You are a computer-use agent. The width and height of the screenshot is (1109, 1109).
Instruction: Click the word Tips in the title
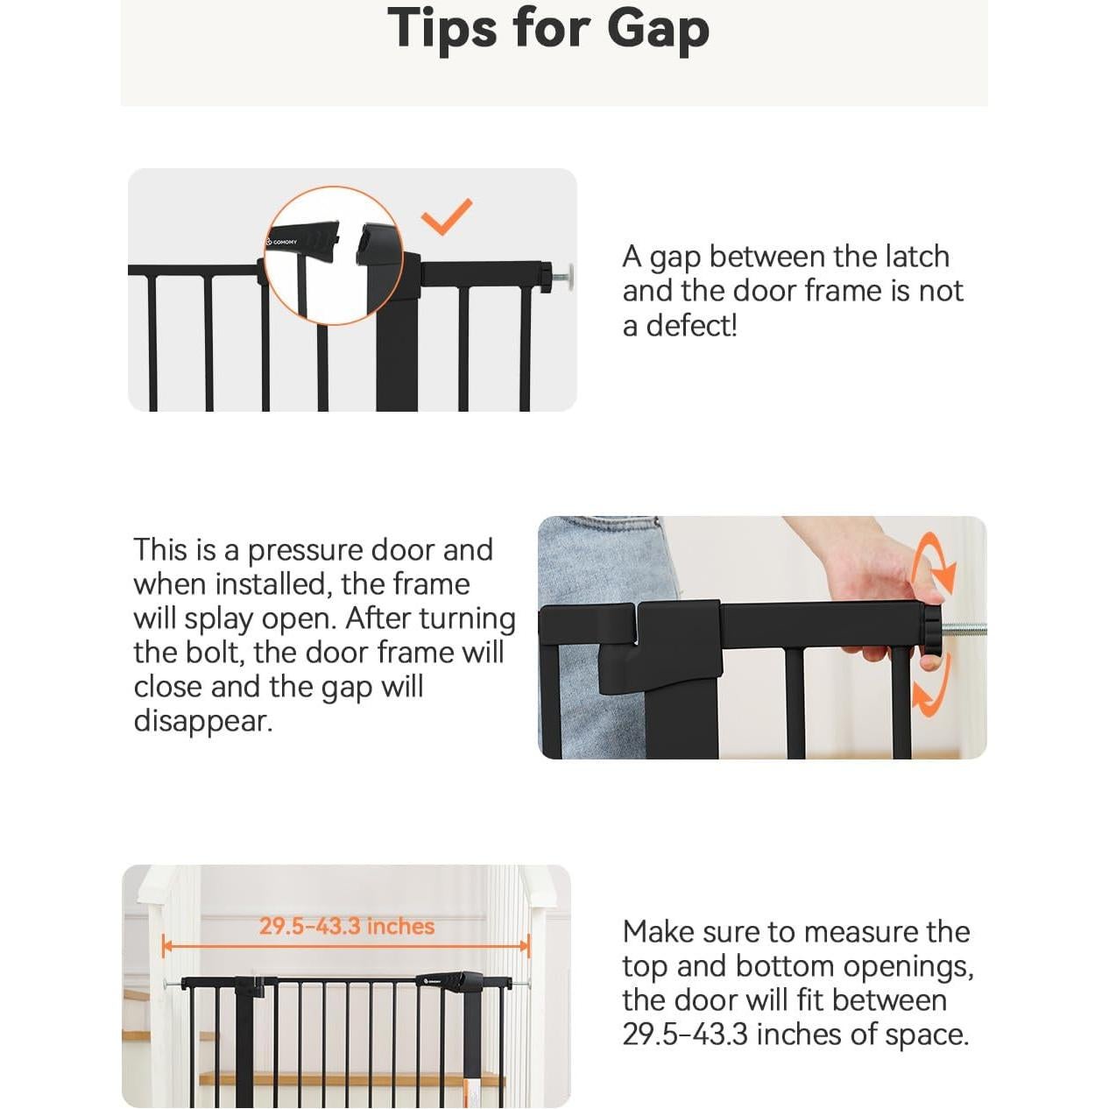(441, 28)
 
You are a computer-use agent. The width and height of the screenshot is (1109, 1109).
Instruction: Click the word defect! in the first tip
(691, 327)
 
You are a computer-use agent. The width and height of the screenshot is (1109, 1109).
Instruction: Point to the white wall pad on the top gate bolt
(569, 278)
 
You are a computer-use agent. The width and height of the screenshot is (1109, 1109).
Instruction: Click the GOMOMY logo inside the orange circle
(282, 242)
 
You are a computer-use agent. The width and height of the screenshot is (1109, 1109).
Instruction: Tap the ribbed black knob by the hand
(932, 636)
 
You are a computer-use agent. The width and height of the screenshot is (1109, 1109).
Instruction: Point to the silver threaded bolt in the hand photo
(964, 630)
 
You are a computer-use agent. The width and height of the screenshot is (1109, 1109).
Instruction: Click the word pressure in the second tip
(307, 551)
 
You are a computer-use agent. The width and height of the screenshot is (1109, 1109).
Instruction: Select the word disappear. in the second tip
(203, 722)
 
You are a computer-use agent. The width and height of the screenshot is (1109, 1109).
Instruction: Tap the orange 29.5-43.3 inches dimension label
(347, 926)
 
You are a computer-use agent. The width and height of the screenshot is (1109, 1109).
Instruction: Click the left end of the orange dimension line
(164, 945)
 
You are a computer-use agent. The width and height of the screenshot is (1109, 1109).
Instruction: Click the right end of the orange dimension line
(527, 945)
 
